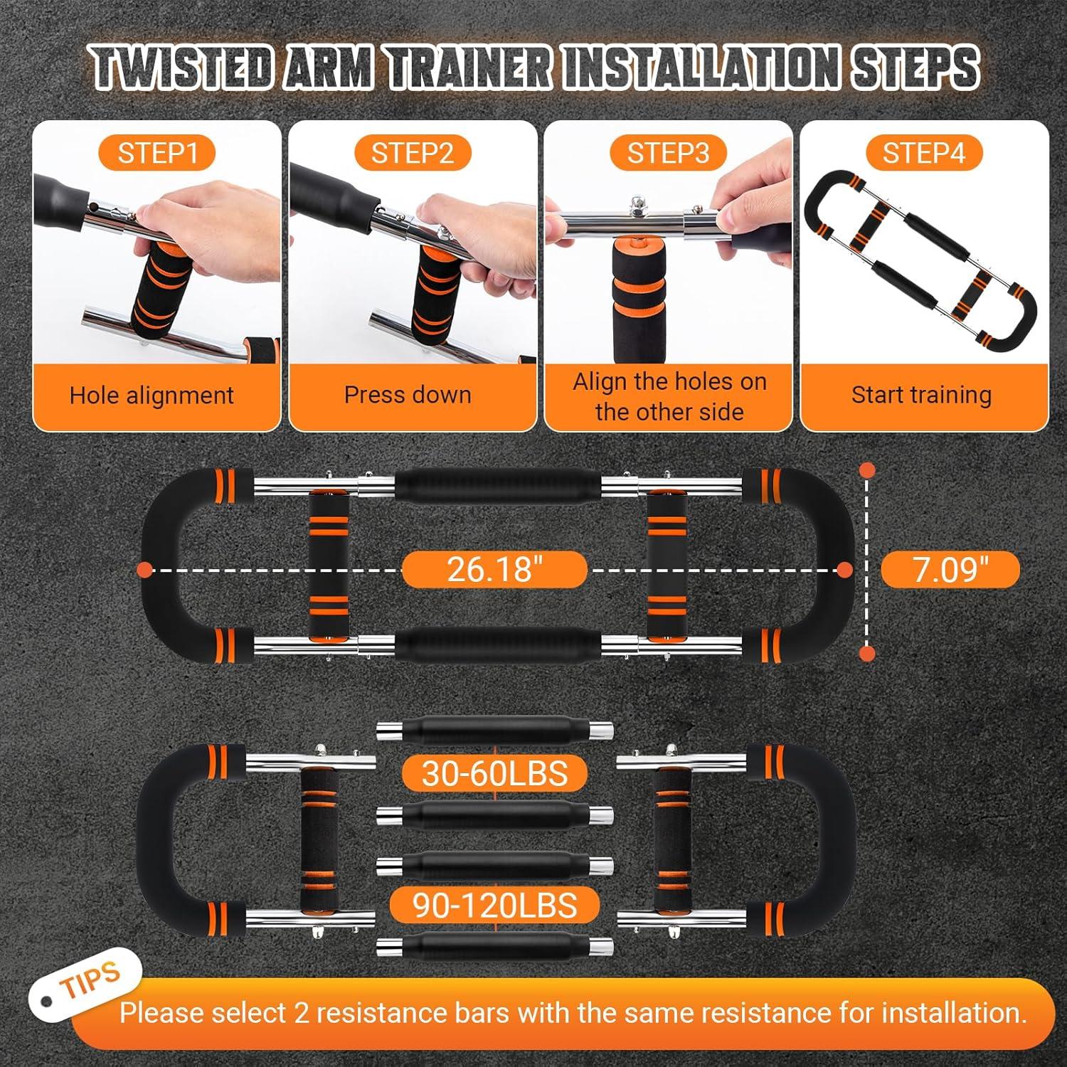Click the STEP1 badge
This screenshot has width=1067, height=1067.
point(156,153)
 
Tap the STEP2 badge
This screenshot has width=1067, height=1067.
point(413,153)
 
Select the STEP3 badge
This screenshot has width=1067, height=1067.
point(668,153)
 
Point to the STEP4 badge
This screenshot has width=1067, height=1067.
point(924,153)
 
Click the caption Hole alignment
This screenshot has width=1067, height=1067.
point(152,396)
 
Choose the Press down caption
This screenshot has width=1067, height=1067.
point(408,395)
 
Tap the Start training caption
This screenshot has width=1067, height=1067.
point(921,395)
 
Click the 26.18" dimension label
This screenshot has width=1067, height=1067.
point(495,569)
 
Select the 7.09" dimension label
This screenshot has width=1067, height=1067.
point(950,569)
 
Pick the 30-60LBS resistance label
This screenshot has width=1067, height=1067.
point(495,773)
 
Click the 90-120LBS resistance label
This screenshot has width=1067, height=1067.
point(495,906)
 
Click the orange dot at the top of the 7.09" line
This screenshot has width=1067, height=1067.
point(867,470)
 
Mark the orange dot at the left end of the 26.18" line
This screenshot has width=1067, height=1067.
point(144,569)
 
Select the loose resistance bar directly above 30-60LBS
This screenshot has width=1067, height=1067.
point(495,731)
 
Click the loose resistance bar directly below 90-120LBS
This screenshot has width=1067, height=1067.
point(495,947)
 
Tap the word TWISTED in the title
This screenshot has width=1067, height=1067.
point(184,69)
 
